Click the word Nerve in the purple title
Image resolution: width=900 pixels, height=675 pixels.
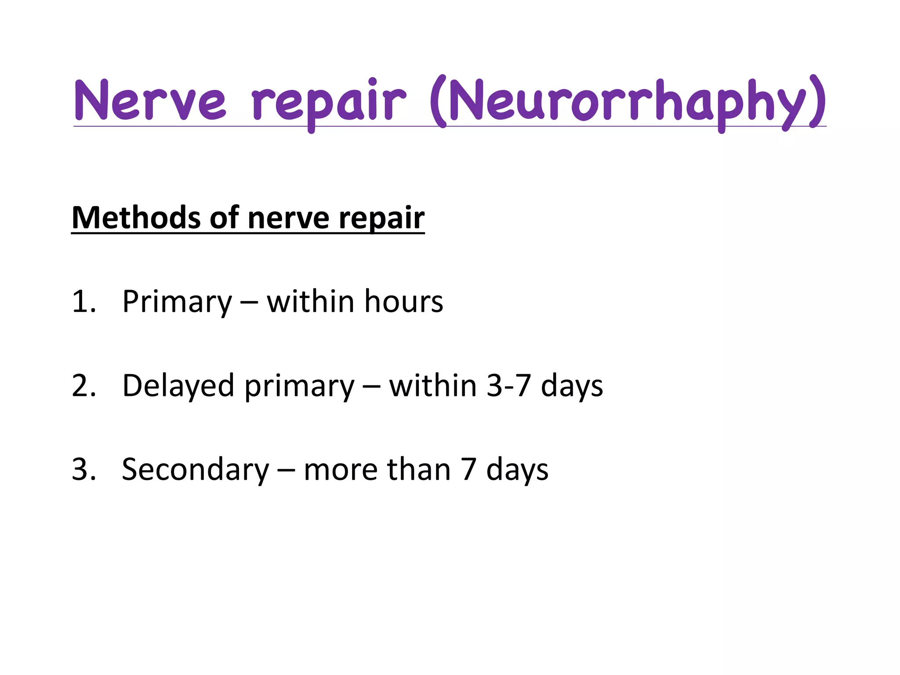pos(150,101)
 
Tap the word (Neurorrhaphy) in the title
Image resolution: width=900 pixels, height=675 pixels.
pos(628,102)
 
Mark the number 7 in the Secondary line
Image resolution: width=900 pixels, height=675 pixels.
pos(468,469)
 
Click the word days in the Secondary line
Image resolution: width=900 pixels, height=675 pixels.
pos(517,471)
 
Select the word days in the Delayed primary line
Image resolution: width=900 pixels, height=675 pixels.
pos(572,387)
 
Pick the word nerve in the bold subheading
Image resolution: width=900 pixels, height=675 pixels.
pos(288,218)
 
